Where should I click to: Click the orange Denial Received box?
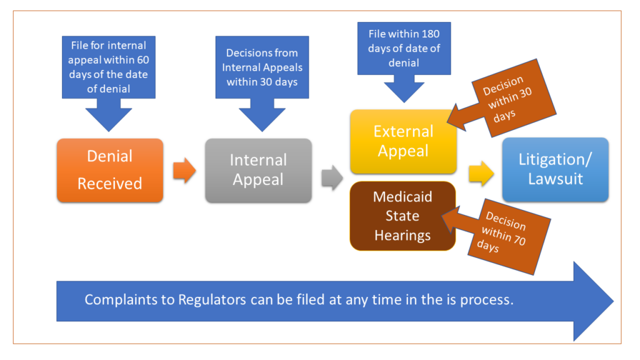click(x=109, y=170)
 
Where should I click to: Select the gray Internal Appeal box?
click(x=258, y=170)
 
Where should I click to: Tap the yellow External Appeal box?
click(x=403, y=141)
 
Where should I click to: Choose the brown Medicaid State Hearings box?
click(x=402, y=216)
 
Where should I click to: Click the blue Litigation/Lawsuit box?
click(x=555, y=169)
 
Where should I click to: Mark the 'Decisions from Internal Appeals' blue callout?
click(x=262, y=67)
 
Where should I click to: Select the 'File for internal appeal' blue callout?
click(x=109, y=67)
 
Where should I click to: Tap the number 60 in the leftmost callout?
click(x=142, y=60)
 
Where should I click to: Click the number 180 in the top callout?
click(x=429, y=33)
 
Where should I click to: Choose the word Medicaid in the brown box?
click(x=402, y=197)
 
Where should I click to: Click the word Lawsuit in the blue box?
click(x=555, y=179)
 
